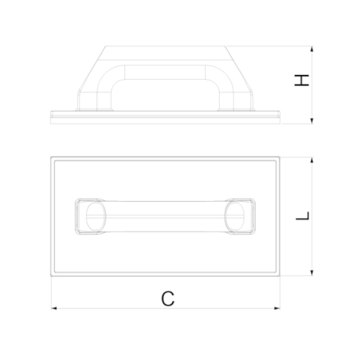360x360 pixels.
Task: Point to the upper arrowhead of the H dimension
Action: [312, 49]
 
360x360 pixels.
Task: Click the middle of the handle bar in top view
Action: [166, 216]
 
